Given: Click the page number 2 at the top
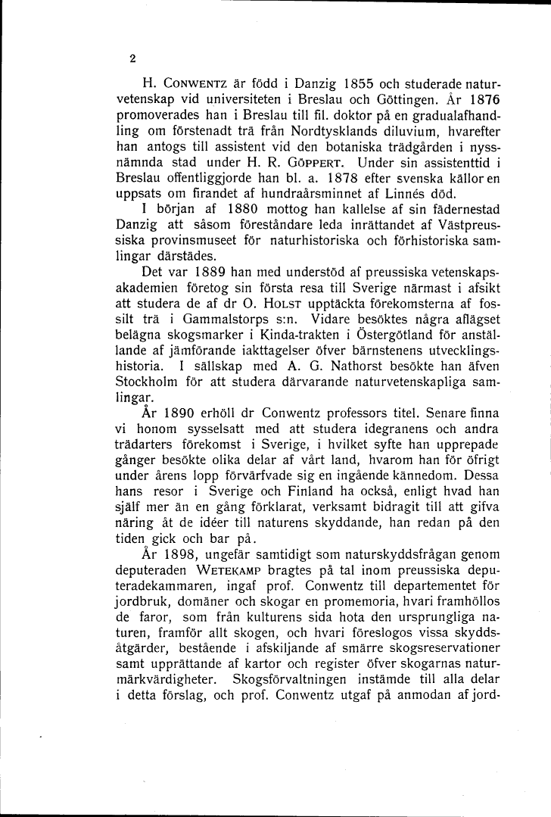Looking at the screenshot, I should (x=132, y=58).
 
